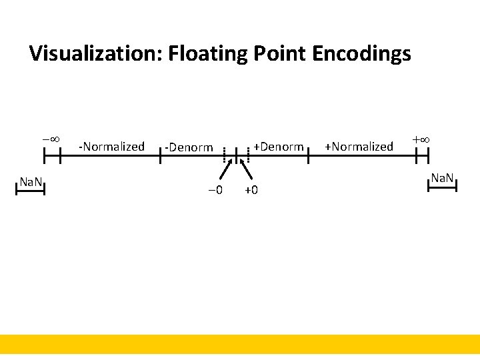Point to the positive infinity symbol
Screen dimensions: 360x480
[x=421, y=140]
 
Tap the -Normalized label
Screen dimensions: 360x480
[x=111, y=146]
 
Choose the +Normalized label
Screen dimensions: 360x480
[x=359, y=146]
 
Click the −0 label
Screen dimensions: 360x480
[x=215, y=191]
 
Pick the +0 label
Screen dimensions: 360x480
[x=251, y=191]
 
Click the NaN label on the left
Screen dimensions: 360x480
[x=31, y=181]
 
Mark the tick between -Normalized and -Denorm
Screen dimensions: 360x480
[x=161, y=156]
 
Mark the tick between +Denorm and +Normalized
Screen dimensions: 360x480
[x=309, y=156]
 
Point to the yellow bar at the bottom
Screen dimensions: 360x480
[x=240, y=346]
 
